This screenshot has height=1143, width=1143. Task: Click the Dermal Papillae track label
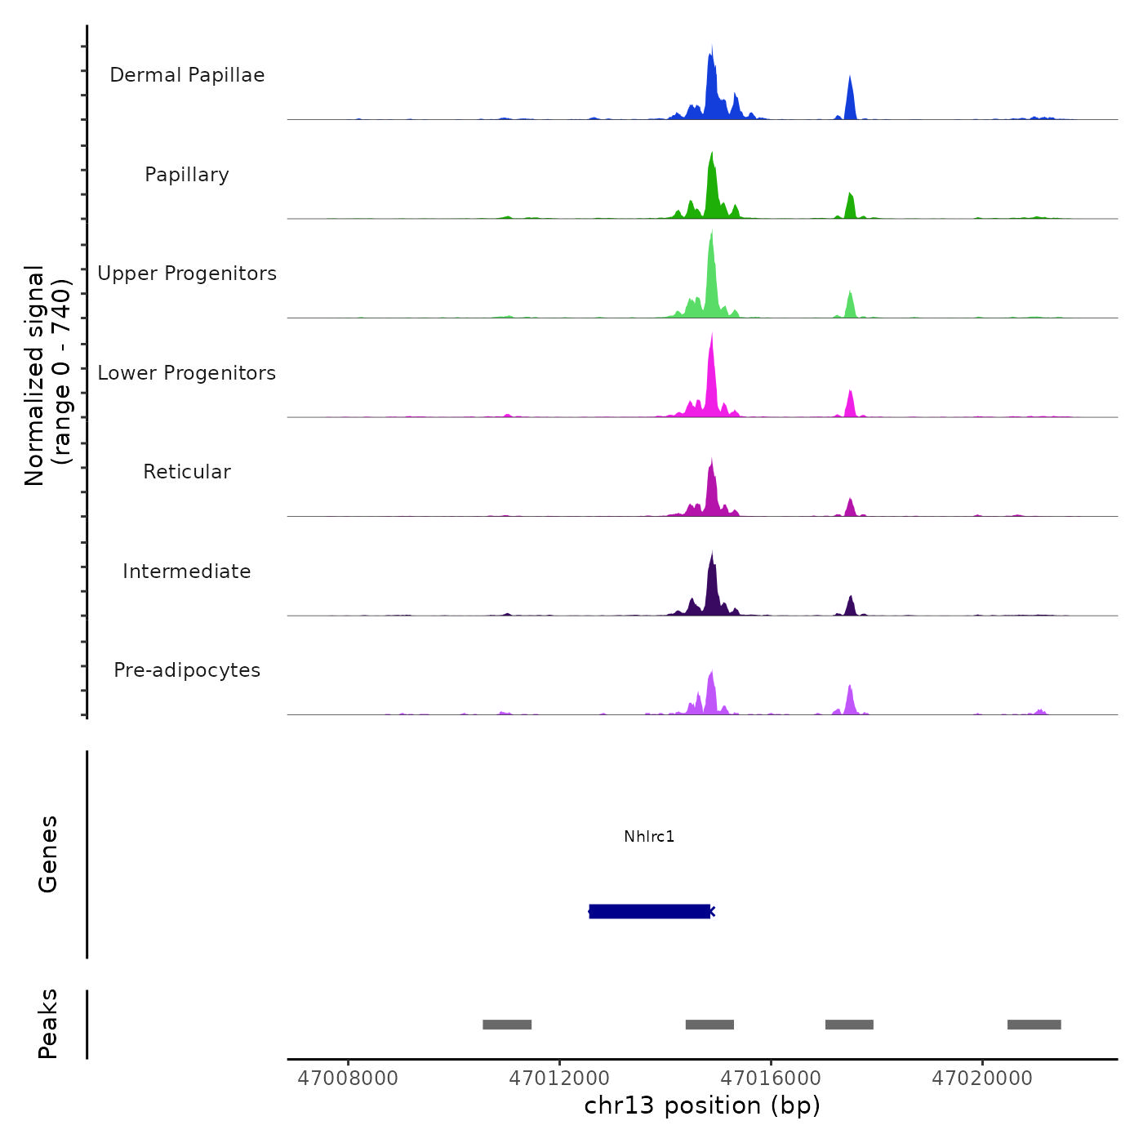[x=187, y=75]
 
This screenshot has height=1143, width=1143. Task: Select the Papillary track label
[x=187, y=175]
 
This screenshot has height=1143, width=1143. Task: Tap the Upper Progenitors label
[x=187, y=274]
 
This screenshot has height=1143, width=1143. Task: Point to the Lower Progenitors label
[x=187, y=373]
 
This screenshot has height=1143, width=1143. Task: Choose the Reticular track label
[x=187, y=472]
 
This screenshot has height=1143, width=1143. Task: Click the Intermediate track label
[x=187, y=571]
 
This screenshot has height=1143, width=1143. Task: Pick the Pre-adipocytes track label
[x=187, y=670]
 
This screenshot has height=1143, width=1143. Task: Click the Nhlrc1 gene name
[x=649, y=837]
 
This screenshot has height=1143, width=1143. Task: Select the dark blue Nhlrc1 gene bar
[x=649, y=911]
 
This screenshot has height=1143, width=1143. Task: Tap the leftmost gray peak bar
[x=507, y=1025]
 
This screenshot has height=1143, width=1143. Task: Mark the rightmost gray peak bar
[x=1034, y=1025]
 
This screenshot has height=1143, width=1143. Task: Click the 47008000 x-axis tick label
[x=348, y=1079]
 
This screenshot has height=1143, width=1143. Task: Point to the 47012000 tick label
[x=559, y=1079]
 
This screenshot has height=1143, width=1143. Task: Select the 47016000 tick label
[x=771, y=1079]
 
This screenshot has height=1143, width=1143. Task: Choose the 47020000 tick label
[x=982, y=1079]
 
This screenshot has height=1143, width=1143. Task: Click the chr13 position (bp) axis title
[x=702, y=1105]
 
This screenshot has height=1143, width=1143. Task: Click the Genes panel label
[x=48, y=854]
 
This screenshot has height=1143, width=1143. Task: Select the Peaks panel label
[x=48, y=1024]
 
